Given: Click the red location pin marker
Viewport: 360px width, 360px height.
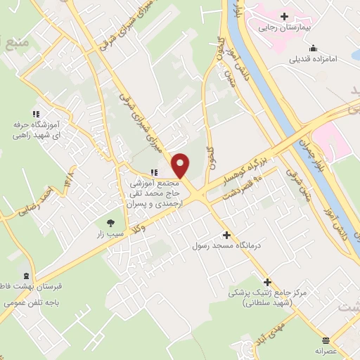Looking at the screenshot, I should coord(181,165).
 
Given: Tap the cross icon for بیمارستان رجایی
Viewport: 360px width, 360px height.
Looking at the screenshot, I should coord(284,16).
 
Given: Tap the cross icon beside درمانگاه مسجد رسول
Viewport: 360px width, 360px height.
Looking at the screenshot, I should coord(226,236).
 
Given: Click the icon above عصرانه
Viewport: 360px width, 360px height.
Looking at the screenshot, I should coord(326,338).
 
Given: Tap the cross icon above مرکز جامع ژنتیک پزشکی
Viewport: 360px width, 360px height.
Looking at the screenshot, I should coord(267,281).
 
